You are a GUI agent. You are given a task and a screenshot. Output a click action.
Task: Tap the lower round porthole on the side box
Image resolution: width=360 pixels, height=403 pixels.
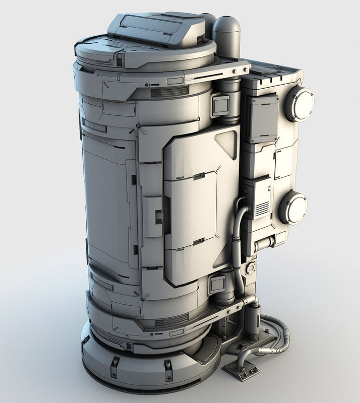[293, 207]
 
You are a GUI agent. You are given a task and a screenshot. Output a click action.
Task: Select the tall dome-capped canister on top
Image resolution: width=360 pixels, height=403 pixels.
[226, 38]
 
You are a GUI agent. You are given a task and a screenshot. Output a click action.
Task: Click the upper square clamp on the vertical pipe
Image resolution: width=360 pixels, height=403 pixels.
[220, 105]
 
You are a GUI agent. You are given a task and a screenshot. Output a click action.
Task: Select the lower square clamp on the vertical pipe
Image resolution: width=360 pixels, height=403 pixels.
[217, 285]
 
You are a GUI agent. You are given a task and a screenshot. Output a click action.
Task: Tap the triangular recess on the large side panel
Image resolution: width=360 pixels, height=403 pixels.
[227, 143]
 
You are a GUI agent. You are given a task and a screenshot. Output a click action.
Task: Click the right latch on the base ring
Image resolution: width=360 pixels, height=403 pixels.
[168, 370]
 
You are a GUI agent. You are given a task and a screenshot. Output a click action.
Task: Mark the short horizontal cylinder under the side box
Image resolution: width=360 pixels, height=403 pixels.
[265, 245]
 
